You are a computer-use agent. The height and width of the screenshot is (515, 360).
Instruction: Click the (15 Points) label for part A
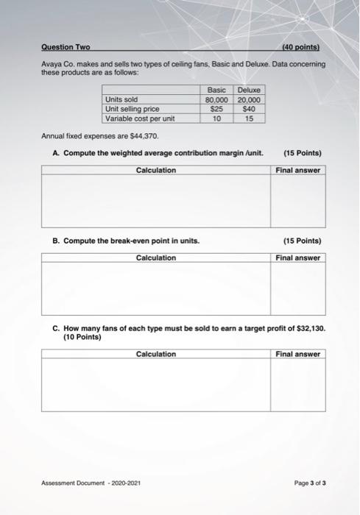coord(302,153)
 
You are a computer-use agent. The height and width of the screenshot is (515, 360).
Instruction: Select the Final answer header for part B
coord(297,257)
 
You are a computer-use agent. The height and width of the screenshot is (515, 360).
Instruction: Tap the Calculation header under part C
coord(155,354)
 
